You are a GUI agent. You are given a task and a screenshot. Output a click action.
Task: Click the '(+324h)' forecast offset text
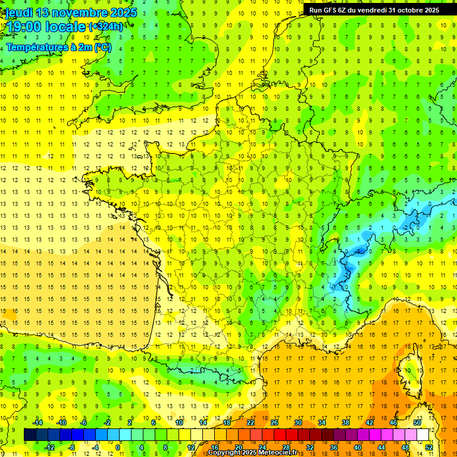(x=106, y=26)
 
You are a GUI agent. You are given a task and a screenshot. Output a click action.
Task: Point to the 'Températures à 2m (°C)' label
(x=58, y=47)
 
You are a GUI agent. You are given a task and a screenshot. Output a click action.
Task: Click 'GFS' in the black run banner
(x=334, y=10)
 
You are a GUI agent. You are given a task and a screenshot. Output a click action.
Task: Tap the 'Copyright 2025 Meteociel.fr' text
(x=252, y=453)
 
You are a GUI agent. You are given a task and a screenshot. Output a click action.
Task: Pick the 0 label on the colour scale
(x=118, y=447)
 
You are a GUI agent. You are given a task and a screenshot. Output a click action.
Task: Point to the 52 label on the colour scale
(x=429, y=447)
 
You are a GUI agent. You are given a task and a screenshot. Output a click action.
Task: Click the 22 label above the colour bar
(x=251, y=422)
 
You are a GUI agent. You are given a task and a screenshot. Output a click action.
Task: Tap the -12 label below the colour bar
(x=49, y=447)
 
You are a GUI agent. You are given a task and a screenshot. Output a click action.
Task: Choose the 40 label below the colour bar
(x=358, y=447)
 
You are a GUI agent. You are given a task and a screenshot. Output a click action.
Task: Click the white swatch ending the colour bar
(x=422, y=435)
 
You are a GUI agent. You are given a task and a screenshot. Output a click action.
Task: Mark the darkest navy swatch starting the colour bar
(x=30, y=435)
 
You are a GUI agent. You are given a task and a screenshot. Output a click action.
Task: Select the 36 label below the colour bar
(x=334, y=447)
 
